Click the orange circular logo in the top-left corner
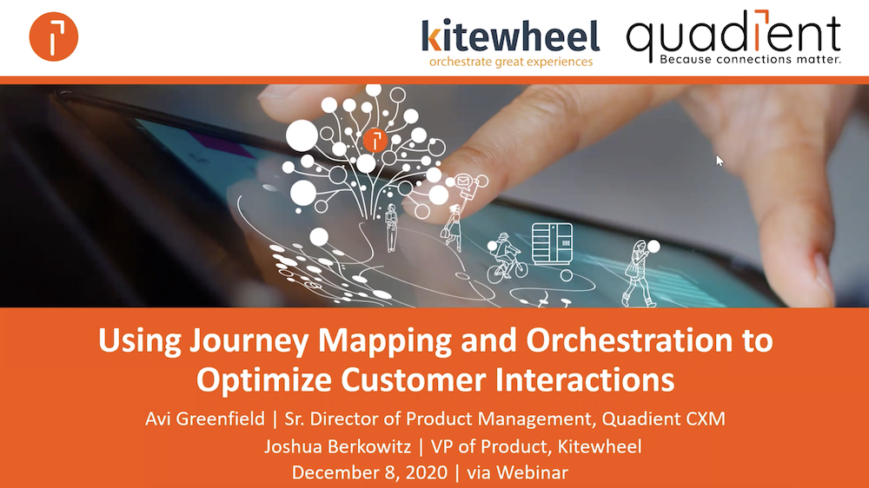pos(54,36)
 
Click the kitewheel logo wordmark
pos(510,36)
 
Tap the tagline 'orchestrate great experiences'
pos(511,62)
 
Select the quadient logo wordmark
pos(733,32)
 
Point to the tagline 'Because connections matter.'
pos(751,59)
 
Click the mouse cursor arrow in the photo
pos(720,161)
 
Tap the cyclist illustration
pos(506,258)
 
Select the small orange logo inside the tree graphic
pos(375,140)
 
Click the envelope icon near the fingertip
pos(463,181)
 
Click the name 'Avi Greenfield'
pos(205,419)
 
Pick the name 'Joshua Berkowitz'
pos(337,446)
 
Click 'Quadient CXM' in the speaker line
pos(663,419)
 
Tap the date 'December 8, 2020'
pos(369,472)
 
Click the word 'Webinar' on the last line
pos(532,472)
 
